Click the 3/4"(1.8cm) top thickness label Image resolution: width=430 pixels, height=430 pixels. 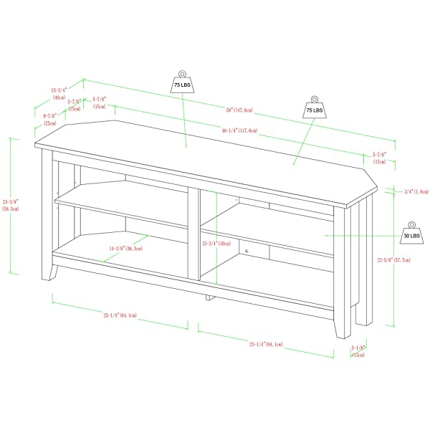(x=416, y=191)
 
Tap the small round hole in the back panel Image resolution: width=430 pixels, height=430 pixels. (x=245, y=252)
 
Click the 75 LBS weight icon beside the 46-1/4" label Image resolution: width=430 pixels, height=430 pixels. (x=314, y=107)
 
